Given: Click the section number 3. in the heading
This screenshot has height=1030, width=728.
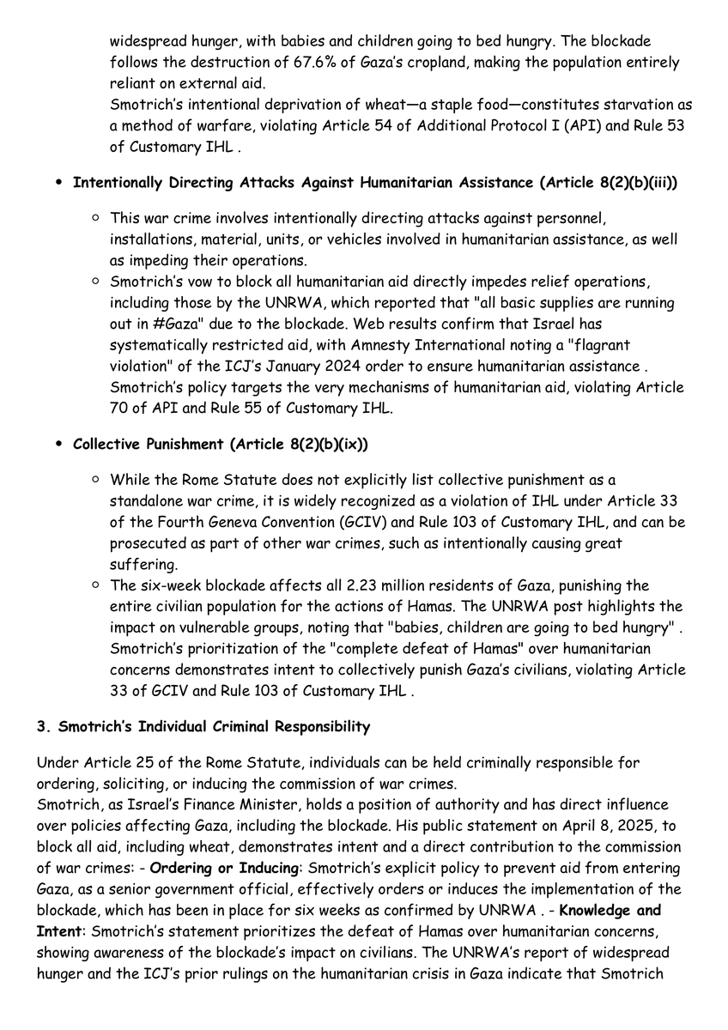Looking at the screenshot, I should pos(43,727).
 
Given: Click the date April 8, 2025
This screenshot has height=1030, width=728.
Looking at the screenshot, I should pos(502,825).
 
